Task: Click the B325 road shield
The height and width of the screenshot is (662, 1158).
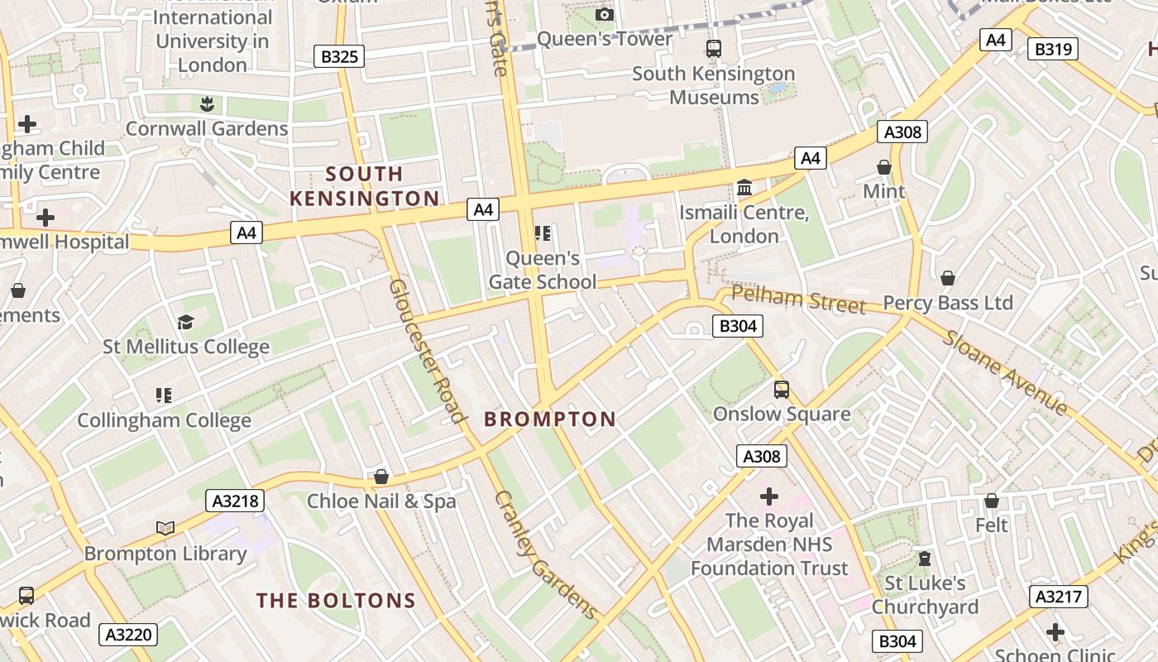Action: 339,56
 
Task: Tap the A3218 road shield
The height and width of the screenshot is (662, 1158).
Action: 237,501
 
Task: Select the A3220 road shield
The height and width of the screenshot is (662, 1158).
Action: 127,635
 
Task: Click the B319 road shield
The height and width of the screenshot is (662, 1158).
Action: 1053,49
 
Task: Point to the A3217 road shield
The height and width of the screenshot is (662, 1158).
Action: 1059,597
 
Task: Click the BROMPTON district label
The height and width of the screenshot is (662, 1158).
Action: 550,419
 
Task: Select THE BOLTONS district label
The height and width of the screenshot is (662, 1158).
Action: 336,601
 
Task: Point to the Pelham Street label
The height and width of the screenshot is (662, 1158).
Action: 798,299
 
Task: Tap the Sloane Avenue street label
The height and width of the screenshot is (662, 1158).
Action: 1004,372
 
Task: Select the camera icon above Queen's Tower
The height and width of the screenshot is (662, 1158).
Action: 605,14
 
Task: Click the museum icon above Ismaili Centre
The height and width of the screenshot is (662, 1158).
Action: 744,188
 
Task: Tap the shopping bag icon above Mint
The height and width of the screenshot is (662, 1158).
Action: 884,167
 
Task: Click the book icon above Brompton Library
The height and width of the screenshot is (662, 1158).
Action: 165,528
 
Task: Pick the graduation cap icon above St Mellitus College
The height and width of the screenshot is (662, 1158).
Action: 185,322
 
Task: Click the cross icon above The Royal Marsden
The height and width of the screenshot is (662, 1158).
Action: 769,496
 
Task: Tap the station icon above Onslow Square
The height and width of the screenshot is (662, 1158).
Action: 781,389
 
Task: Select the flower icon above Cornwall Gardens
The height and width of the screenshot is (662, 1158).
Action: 207,103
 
